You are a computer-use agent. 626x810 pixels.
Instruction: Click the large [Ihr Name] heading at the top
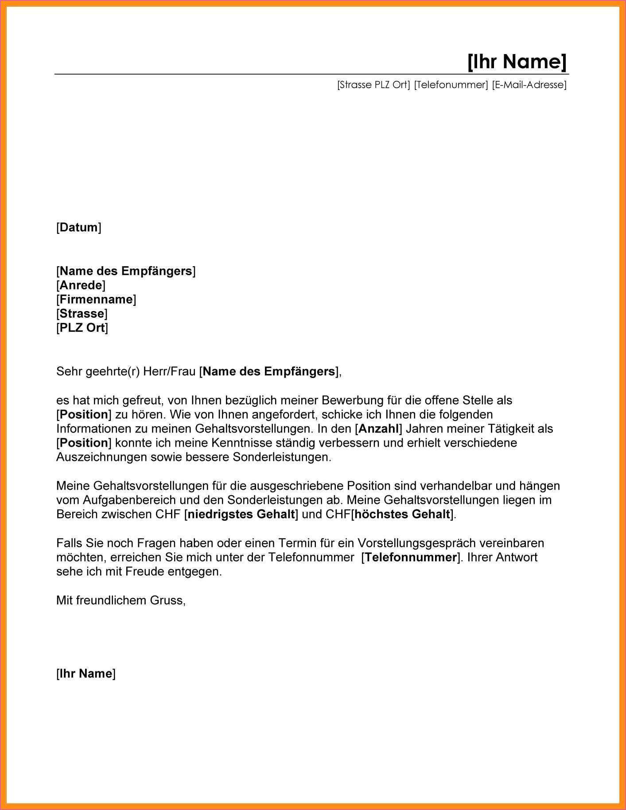517,61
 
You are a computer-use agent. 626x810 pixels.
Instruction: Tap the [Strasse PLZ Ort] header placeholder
373,85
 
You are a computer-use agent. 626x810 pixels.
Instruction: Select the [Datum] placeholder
78,228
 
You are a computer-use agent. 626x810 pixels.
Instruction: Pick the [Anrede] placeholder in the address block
81,285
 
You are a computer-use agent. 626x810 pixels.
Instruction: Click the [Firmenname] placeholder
96,299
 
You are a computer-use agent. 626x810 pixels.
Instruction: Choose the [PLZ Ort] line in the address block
82,328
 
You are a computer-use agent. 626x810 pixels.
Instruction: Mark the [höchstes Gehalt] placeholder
402,514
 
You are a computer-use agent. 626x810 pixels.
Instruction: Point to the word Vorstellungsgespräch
417,543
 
